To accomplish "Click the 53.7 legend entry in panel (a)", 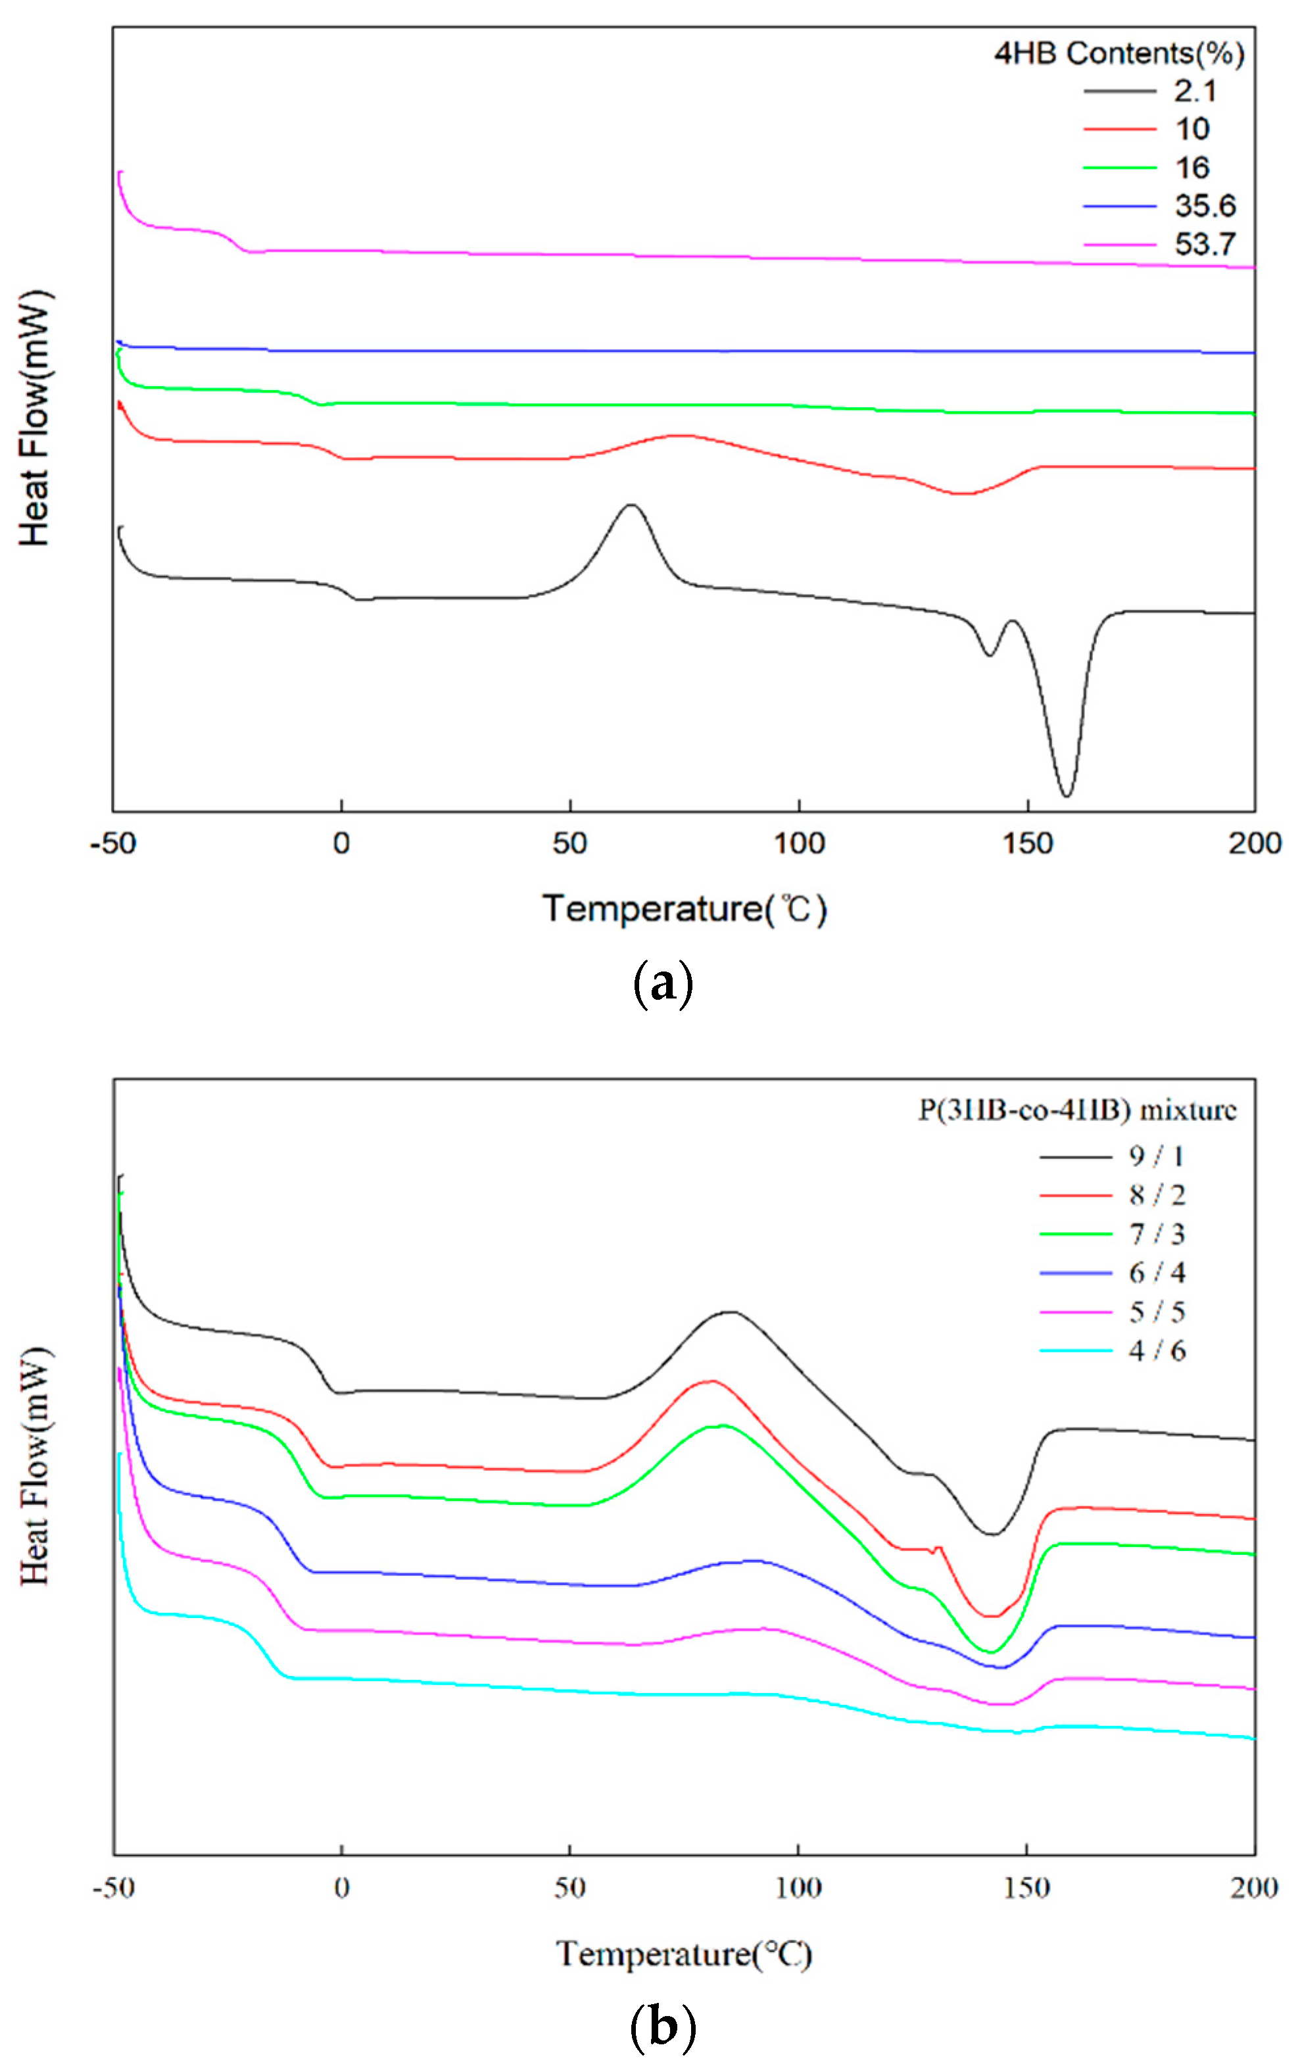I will (1204, 245).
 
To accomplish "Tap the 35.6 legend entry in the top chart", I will (1204, 206).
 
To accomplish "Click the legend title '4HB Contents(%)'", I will (1119, 53).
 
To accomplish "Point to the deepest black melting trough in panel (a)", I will (1066, 795).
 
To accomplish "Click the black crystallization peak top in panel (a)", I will (631, 505).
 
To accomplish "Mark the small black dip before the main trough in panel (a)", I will (989, 655).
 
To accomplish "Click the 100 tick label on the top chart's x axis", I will (798, 844).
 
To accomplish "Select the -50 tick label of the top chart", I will (113, 844).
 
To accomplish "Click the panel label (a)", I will (661, 985).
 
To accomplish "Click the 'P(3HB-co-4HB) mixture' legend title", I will (1076, 1110).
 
